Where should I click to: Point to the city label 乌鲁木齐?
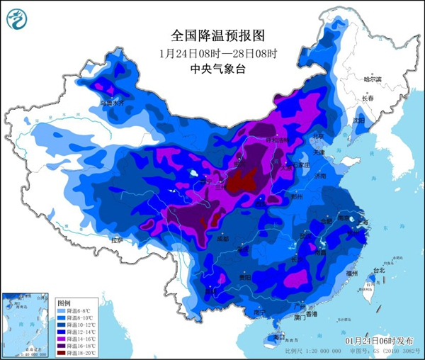point(115,103)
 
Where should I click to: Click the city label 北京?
point(319,136)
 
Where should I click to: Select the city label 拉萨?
point(116,240)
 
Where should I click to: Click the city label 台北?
point(378,270)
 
